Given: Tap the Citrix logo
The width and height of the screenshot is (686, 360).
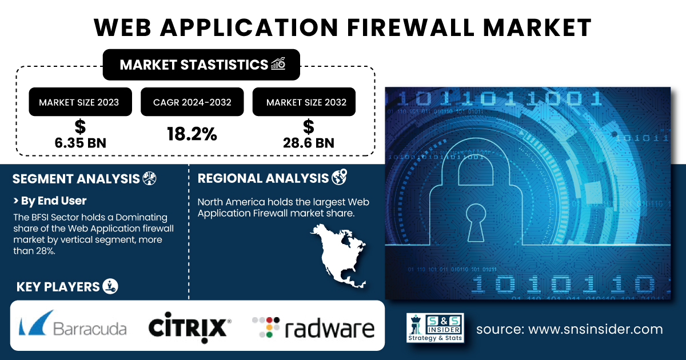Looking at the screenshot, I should tap(189, 327).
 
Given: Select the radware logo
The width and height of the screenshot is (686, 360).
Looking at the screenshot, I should tap(313, 327).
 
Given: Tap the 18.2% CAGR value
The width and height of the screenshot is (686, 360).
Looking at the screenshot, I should tap(192, 134).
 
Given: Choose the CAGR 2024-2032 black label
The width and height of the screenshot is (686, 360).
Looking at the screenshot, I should tap(192, 102).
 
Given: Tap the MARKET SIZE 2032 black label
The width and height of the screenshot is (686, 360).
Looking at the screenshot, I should tap(306, 102).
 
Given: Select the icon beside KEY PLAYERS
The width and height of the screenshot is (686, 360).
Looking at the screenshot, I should tap(110, 287).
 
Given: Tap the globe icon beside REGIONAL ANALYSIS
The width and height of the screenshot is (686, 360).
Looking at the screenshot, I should tap(338, 178).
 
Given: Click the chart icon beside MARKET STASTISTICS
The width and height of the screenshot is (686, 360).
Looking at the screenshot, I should tap(278, 64).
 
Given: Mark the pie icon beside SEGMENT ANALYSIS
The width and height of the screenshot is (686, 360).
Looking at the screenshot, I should tap(149, 178).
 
